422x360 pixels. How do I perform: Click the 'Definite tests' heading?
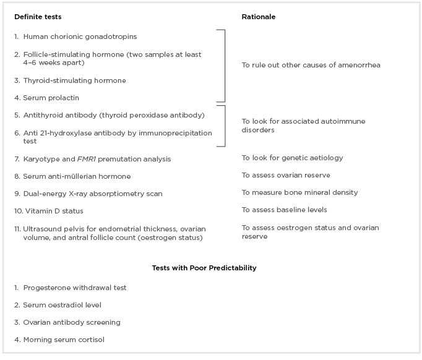tap(38, 17)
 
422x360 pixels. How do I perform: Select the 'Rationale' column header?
tap(258, 17)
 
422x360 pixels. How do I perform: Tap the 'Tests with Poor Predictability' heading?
tap(204, 268)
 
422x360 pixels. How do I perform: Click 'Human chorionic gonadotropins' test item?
tap(80, 37)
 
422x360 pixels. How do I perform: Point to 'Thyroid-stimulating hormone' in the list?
tap(74, 80)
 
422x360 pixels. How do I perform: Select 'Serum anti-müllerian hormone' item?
tap(77, 176)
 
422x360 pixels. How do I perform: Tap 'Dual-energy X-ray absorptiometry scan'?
tap(93, 194)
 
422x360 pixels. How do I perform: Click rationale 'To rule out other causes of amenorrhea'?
tap(311, 65)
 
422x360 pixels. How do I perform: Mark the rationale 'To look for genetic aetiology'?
tap(292, 158)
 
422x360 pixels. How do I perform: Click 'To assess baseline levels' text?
tap(284, 210)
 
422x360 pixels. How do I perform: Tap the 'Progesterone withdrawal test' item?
tap(74, 288)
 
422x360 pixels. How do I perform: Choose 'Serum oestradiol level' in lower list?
tap(62, 305)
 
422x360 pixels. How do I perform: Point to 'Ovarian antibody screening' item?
tap(72, 322)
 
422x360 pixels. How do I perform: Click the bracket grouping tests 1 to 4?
tap(223, 65)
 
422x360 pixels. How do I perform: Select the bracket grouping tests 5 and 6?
tap(223, 126)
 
